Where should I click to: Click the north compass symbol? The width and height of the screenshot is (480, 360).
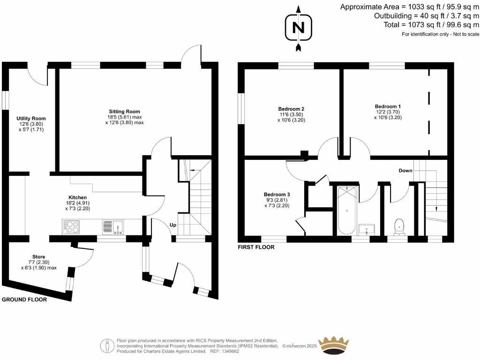click(x=298, y=28)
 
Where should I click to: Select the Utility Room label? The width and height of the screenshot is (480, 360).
click(x=31, y=119)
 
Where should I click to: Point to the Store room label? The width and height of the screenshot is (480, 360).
click(x=38, y=257)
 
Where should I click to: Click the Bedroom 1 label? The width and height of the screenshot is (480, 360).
click(x=388, y=106)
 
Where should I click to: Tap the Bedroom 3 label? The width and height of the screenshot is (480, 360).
click(x=277, y=195)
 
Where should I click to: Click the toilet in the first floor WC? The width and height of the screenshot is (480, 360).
click(x=399, y=225)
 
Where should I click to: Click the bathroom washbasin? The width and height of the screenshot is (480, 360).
click(x=367, y=229)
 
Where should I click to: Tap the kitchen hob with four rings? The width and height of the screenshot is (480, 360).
click(x=71, y=227)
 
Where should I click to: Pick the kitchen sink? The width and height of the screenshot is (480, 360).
click(x=112, y=227)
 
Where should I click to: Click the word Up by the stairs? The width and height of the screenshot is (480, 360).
click(x=173, y=225)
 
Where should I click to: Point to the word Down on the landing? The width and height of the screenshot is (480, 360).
click(x=405, y=171)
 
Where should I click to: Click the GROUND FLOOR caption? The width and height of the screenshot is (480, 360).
click(x=24, y=300)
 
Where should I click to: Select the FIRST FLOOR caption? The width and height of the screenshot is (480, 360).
click(x=256, y=247)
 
